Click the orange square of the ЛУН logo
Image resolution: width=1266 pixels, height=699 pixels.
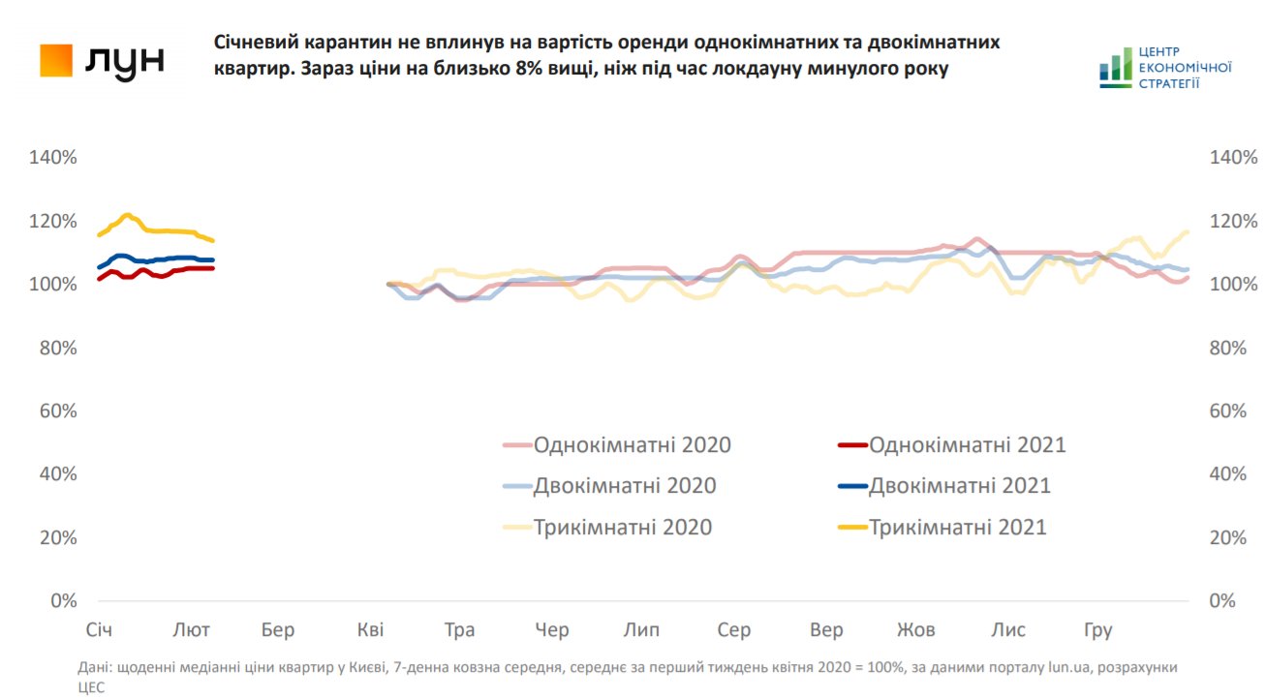[x=56, y=61]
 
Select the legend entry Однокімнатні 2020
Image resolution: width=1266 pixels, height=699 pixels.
[x=632, y=445]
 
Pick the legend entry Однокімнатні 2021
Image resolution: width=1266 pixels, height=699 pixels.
[x=967, y=445]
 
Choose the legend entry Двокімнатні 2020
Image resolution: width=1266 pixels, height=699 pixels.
[x=624, y=486]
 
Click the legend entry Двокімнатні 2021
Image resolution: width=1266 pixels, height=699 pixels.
[x=959, y=486]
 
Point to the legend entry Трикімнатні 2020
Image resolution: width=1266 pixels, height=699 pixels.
[x=622, y=528]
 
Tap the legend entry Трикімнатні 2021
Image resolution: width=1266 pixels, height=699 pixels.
[x=957, y=528]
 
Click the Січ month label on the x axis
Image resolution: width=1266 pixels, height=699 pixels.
[x=99, y=631]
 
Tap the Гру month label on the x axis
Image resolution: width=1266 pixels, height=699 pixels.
[x=1096, y=631]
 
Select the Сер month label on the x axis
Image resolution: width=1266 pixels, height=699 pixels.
[x=734, y=631]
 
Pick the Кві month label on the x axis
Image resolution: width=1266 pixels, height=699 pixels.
[x=370, y=631]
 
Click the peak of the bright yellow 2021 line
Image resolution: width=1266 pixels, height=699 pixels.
[x=127, y=215]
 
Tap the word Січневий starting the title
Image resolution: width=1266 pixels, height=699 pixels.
[x=254, y=44]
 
